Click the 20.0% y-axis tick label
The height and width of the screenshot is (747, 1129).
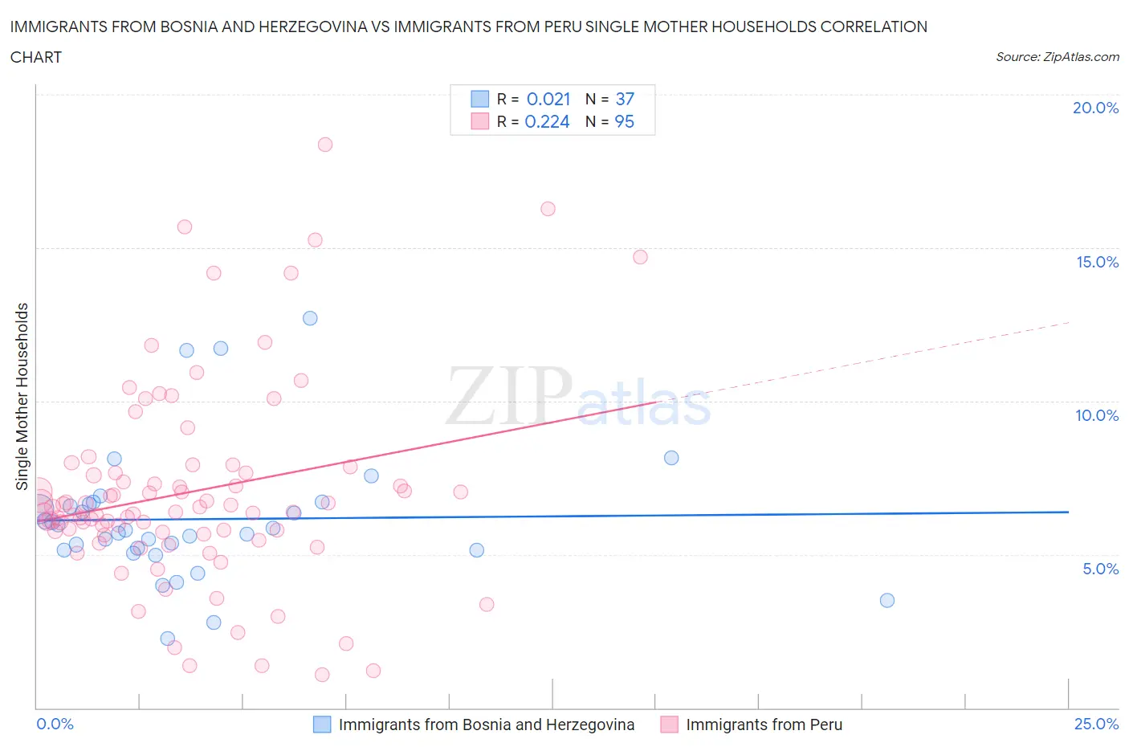[x=1095, y=108]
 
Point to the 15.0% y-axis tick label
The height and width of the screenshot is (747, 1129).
[x=1097, y=262]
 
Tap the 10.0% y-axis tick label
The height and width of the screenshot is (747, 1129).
[x=1097, y=415]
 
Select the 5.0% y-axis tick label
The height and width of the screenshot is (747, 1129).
[x=1100, y=569]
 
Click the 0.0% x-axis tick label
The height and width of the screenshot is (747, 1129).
[x=55, y=724]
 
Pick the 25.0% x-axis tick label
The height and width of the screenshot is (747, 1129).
[x=1096, y=724]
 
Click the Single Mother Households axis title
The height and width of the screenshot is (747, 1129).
[x=22, y=396]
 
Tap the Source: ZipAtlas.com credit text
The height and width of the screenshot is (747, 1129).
[x=1057, y=57]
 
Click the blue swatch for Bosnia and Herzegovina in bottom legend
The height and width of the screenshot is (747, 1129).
[x=321, y=725]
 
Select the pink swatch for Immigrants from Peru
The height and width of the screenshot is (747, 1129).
[x=669, y=725]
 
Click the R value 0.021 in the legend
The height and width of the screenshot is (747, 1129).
[x=548, y=99]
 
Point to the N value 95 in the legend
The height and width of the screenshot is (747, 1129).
[x=624, y=121]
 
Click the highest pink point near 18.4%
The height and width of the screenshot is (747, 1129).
[x=325, y=145]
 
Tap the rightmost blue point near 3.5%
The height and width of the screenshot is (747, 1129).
[x=887, y=600]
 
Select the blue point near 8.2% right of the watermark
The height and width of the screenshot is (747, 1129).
[x=671, y=458]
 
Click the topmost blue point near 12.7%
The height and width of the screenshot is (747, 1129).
[x=310, y=318]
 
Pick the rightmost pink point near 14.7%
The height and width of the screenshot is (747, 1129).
[x=640, y=257]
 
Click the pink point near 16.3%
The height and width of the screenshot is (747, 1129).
[x=548, y=209]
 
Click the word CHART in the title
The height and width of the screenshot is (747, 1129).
[x=36, y=57]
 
